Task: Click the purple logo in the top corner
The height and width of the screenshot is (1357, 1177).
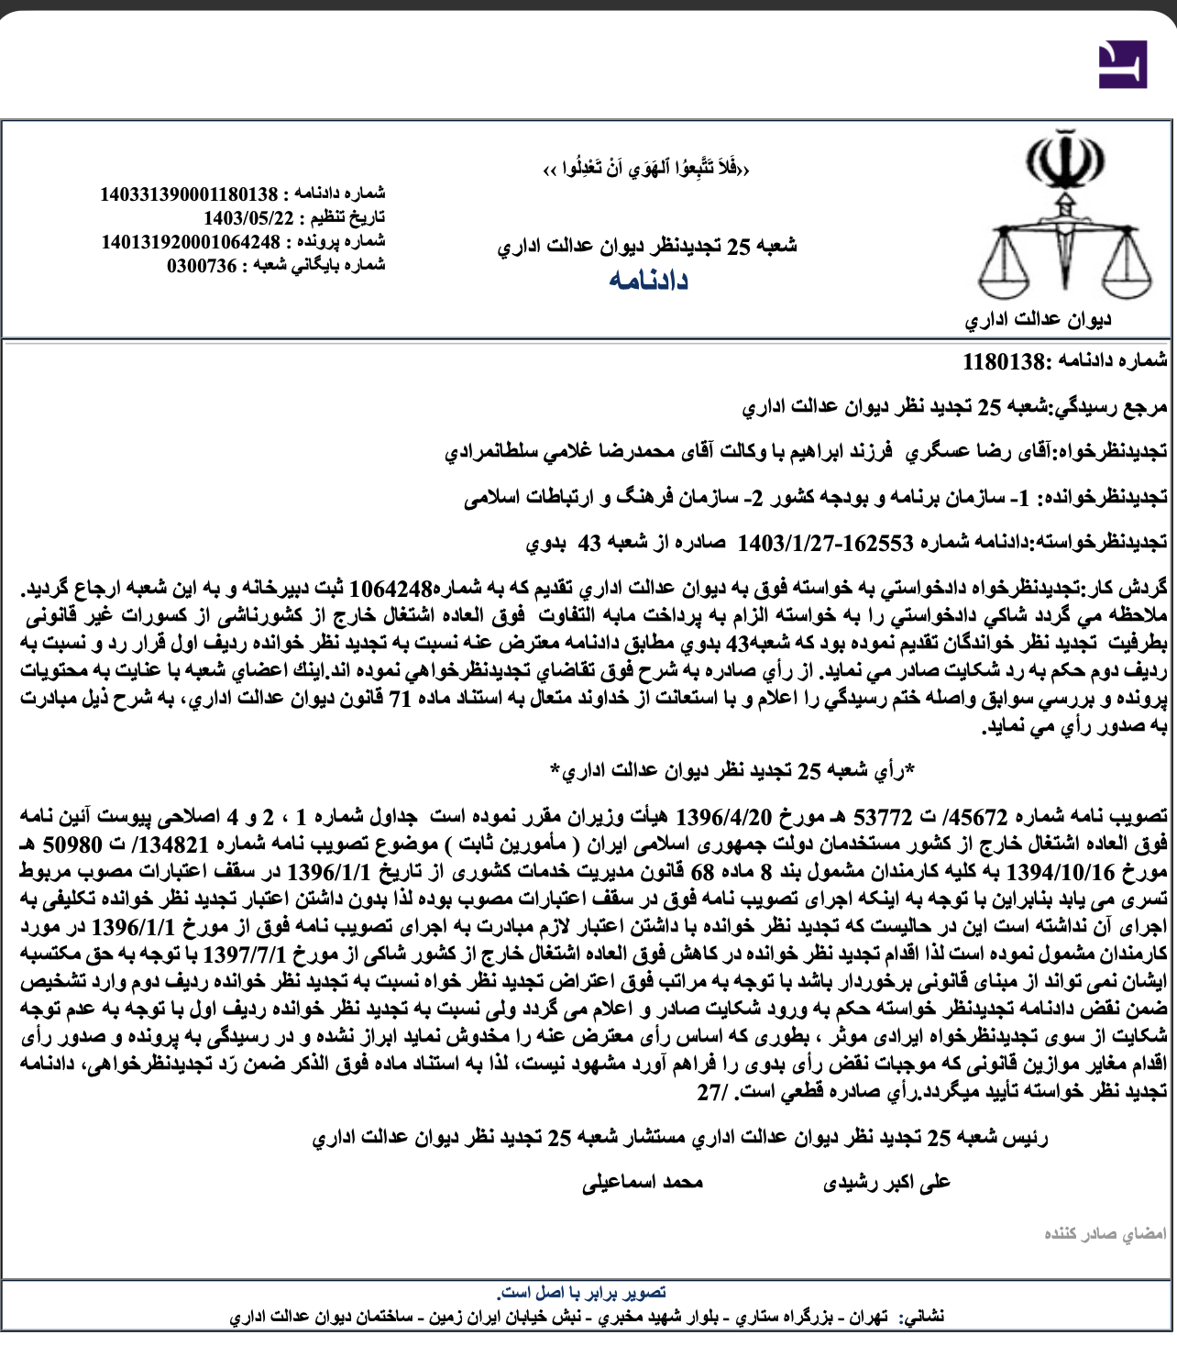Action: point(1122,64)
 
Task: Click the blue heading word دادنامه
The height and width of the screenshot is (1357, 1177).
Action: point(648,281)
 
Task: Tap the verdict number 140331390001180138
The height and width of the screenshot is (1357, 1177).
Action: point(189,194)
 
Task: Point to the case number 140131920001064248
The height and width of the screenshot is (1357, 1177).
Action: point(191,242)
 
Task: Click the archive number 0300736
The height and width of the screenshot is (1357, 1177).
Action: point(202,266)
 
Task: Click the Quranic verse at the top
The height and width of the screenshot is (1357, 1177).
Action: point(646,169)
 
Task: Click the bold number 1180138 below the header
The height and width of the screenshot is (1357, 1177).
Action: point(1004,361)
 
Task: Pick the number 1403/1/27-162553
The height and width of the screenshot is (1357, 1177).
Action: point(825,543)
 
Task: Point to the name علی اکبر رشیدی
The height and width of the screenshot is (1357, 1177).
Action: point(886,1183)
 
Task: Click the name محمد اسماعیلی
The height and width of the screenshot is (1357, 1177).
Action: point(643,1183)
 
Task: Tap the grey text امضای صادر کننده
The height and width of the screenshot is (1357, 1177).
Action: point(1105,1234)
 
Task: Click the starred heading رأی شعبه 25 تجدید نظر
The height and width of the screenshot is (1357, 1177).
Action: point(733,771)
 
